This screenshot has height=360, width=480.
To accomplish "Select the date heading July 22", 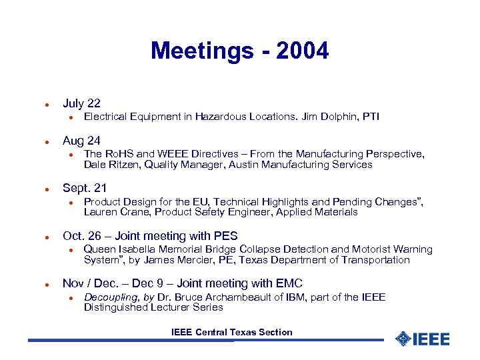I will pyautogui.click(x=81, y=103).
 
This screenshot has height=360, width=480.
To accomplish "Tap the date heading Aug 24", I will pyautogui.click(x=81, y=141).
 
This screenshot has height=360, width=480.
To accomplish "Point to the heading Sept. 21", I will pyautogui.click(x=85, y=189).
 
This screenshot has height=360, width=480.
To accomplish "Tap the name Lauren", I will pyautogui.click(x=99, y=213).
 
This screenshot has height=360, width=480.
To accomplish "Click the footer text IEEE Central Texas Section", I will pyautogui.click(x=231, y=332).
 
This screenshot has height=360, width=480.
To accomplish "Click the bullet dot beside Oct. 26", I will pyautogui.click(x=41, y=237).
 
